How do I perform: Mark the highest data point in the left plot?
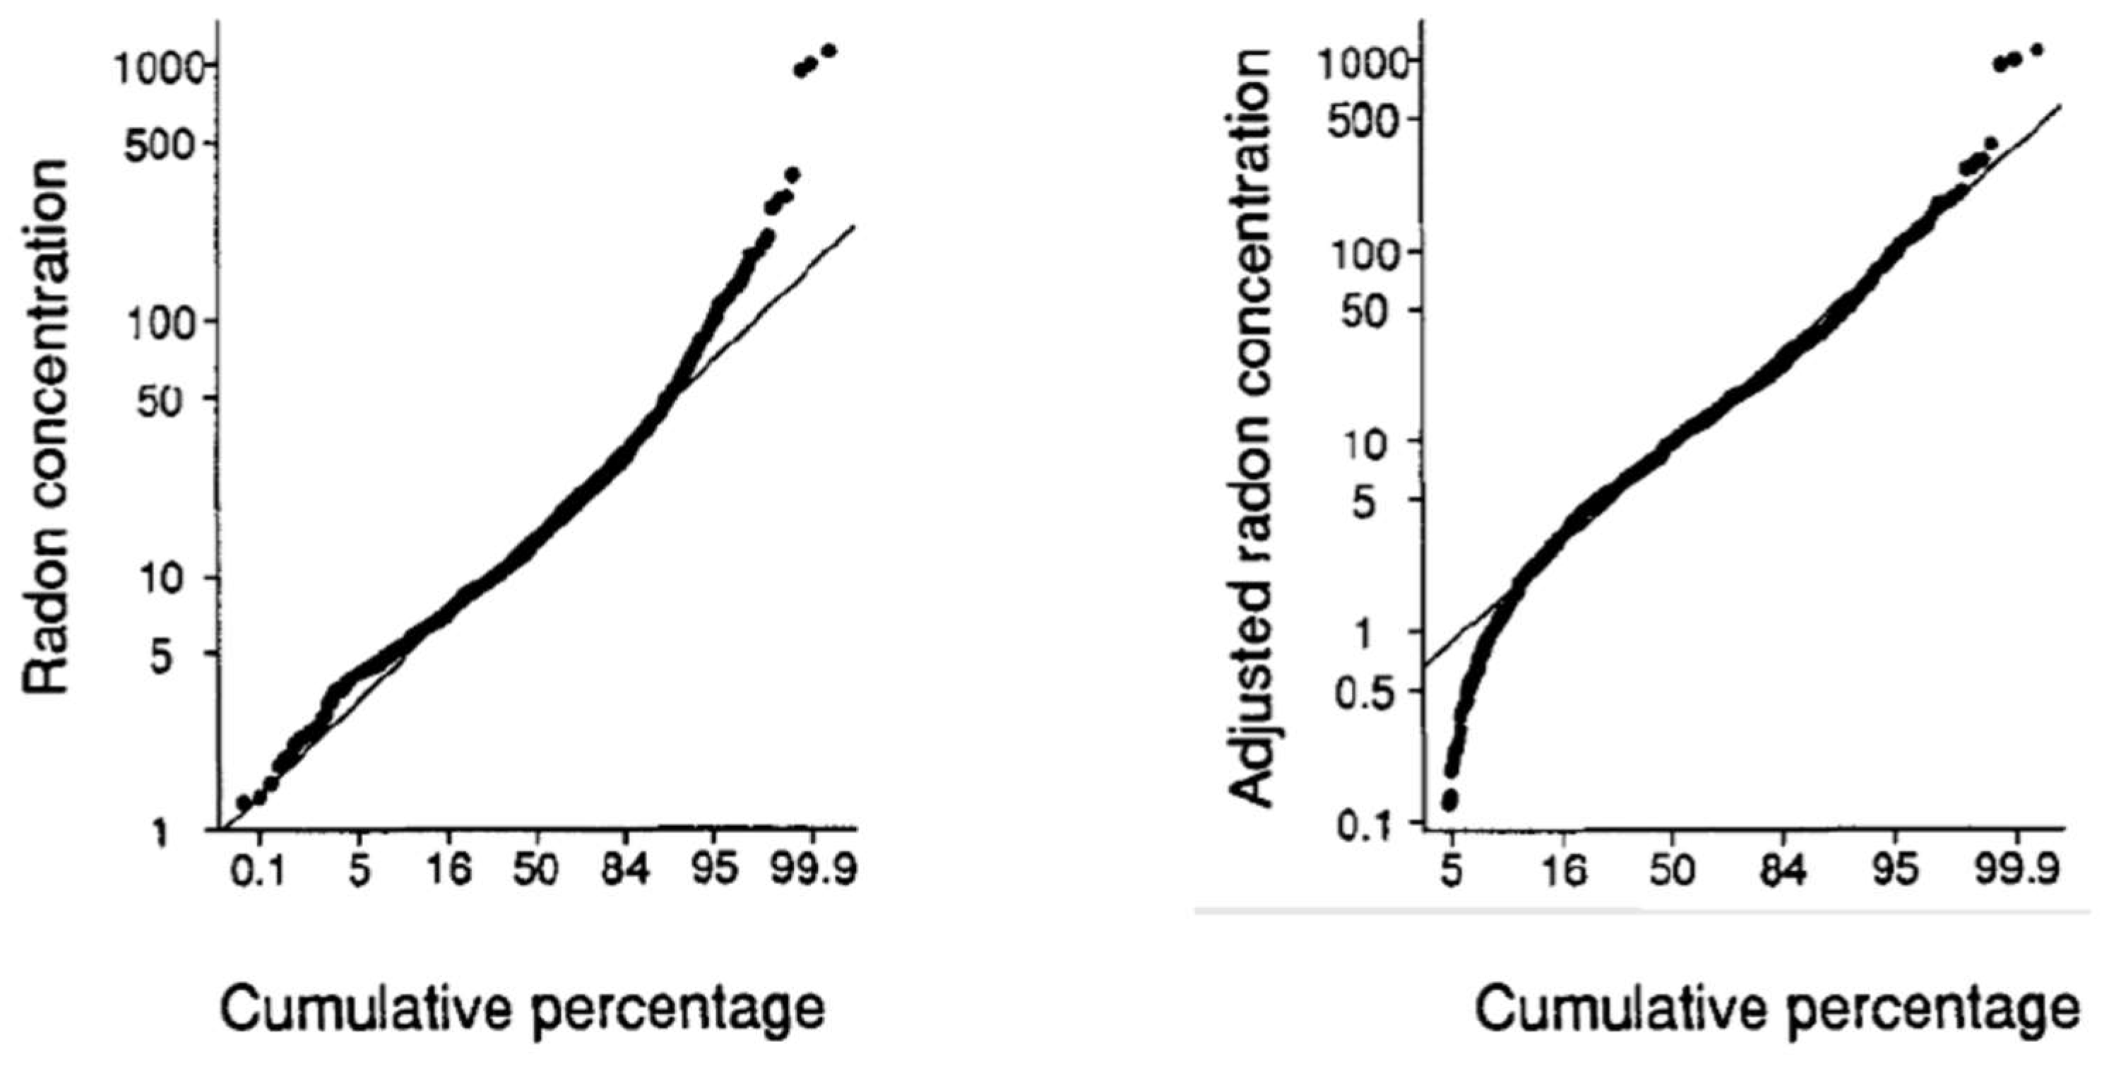point(830,51)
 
